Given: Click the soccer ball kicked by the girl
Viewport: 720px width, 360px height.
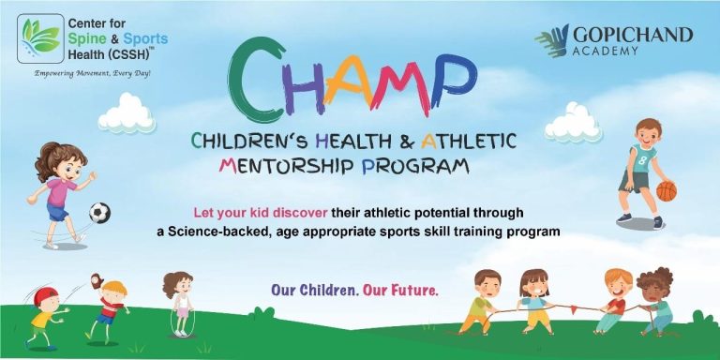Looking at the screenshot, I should [x=99, y=213].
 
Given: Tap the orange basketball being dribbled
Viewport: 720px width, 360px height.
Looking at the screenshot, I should [x=667, y=191].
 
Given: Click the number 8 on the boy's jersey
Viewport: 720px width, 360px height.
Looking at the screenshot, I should [x=642, y=158].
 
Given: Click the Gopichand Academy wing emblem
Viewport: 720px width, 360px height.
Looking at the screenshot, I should [x=551, y=40].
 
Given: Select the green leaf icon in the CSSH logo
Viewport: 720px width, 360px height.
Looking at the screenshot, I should [x=40, y=37].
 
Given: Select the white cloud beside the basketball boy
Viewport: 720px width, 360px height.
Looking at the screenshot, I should [x=573, y=123].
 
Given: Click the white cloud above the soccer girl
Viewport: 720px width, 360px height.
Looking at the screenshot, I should [x=127, y=113].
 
